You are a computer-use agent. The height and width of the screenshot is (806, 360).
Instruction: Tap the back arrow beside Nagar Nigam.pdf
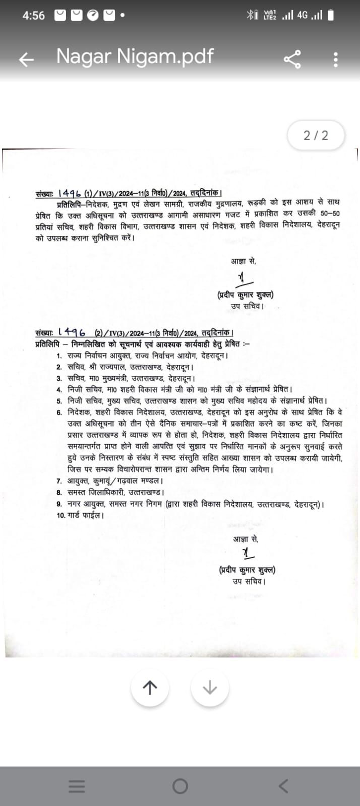click(x=26, y=59)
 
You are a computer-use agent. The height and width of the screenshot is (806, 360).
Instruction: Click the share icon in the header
click(x=292, y=59)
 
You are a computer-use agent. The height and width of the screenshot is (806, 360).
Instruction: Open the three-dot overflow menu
click(x=336, y=59)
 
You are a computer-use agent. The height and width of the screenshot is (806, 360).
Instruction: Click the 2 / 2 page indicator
click(x=316, y=135)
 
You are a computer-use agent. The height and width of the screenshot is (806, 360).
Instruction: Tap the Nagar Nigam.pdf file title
click(x=135, y=56)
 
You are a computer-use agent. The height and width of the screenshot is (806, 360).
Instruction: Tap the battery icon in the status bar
click(x=331, y=16)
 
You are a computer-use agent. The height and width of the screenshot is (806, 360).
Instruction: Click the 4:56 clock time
click(x=33, y=16)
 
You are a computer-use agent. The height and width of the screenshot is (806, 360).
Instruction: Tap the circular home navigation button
click(x=180, y=786)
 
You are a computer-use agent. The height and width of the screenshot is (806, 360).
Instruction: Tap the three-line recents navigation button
click(x=77, y=786)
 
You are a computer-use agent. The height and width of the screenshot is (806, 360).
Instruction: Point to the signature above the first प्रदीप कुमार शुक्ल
click(x=244, y=279)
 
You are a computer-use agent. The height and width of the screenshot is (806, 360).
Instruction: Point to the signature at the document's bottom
click(x=247, y=553)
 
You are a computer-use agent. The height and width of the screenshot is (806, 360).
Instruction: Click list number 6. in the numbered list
click(x=59, y=412)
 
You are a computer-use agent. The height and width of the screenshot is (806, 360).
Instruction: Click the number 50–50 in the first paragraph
click(x=330, y=213)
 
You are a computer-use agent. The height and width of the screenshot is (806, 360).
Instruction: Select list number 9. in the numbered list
click(x=59, y=504)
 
